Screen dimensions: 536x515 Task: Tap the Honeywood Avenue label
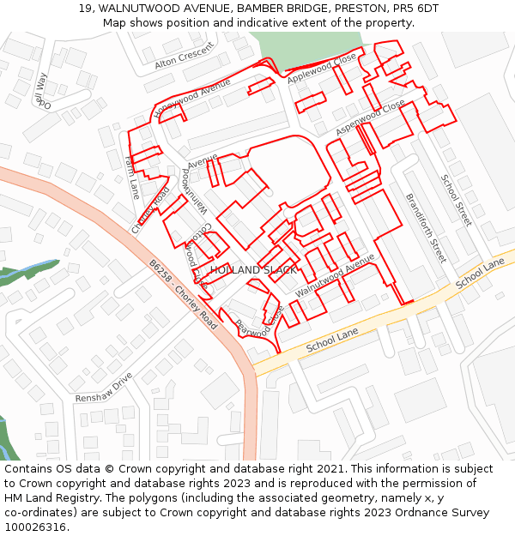(192, 101)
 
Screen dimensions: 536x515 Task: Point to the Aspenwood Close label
(370, 117)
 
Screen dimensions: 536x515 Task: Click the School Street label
(457, 200)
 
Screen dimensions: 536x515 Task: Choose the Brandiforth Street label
(426, 227)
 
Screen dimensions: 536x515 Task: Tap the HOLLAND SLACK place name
(253, 270)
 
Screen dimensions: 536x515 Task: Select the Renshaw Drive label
(104, 388)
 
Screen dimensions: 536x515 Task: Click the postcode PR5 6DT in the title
(415, 8)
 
